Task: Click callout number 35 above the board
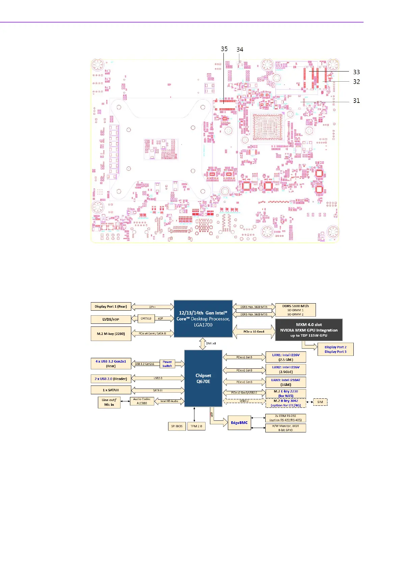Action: coord(224,49)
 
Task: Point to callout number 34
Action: coord(240,50)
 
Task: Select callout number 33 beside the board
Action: coord(356,72)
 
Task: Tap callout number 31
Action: coord(356,101)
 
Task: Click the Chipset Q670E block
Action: coord(203,378)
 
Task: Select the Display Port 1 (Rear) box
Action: coord(111,307)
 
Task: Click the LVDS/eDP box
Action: coord(111,319)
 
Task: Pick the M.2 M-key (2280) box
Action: coord(111,334)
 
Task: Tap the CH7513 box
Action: coord(146,318)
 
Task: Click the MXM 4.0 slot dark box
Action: coord(309,330)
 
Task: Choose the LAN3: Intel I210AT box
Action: coord(286,382)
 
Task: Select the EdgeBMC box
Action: coord(239,423)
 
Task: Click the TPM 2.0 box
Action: coord(196,426)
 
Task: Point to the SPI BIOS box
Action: coord(177,426)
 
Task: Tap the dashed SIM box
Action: coord(320,402)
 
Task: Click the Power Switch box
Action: coord(167,364)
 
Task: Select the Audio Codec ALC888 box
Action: coord(142,401)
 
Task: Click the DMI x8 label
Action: coord(211,343)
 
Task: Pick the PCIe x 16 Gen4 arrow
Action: coord(254,332)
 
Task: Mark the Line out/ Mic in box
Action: coord(109,402)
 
